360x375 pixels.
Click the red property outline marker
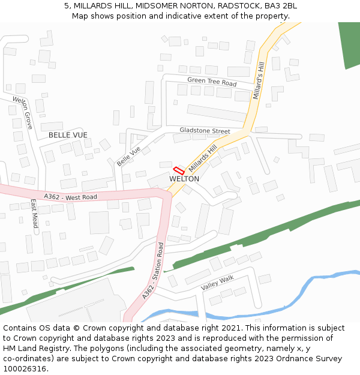coord(179,170)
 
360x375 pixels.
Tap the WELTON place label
coord(184,179)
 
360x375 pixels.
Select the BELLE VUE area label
coord(68,135)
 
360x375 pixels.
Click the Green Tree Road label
coord(212,82)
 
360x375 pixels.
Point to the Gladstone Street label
coord(205,131)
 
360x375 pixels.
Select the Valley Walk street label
coord(217,283)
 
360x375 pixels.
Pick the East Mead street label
coord(34,213)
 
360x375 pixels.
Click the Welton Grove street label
coord(23,113)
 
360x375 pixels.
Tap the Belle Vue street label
coord(129,157)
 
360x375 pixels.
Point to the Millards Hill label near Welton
coord(202,158)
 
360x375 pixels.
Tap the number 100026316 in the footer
coord(25,368)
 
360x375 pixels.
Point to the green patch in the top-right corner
coord(349,45)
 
